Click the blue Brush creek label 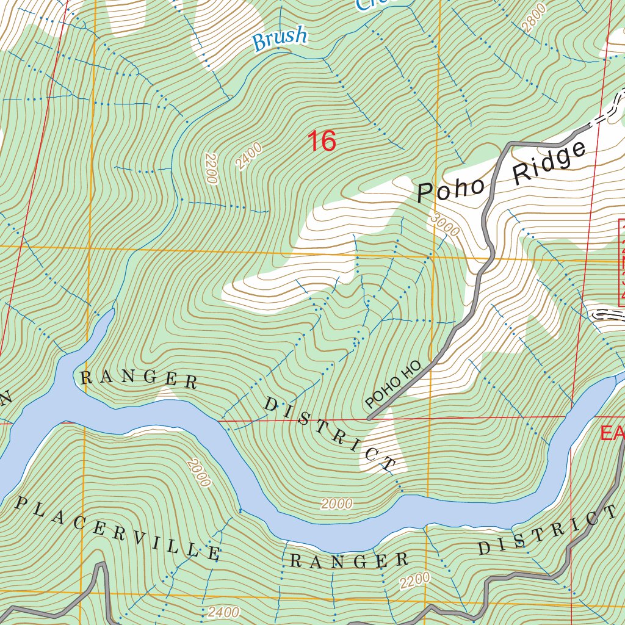coord(280,38)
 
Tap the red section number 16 coord(322,141)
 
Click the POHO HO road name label coord(394,385)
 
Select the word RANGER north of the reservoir coord(139,379)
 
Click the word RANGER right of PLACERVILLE coord(349,560)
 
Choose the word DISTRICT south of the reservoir coord(547,530)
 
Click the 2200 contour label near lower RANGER coord(415,581)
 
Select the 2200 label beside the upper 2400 coord(211,168)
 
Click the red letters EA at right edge coord(612,433)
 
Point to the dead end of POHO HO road coord(369,419)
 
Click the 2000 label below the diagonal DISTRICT coord(336,504)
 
